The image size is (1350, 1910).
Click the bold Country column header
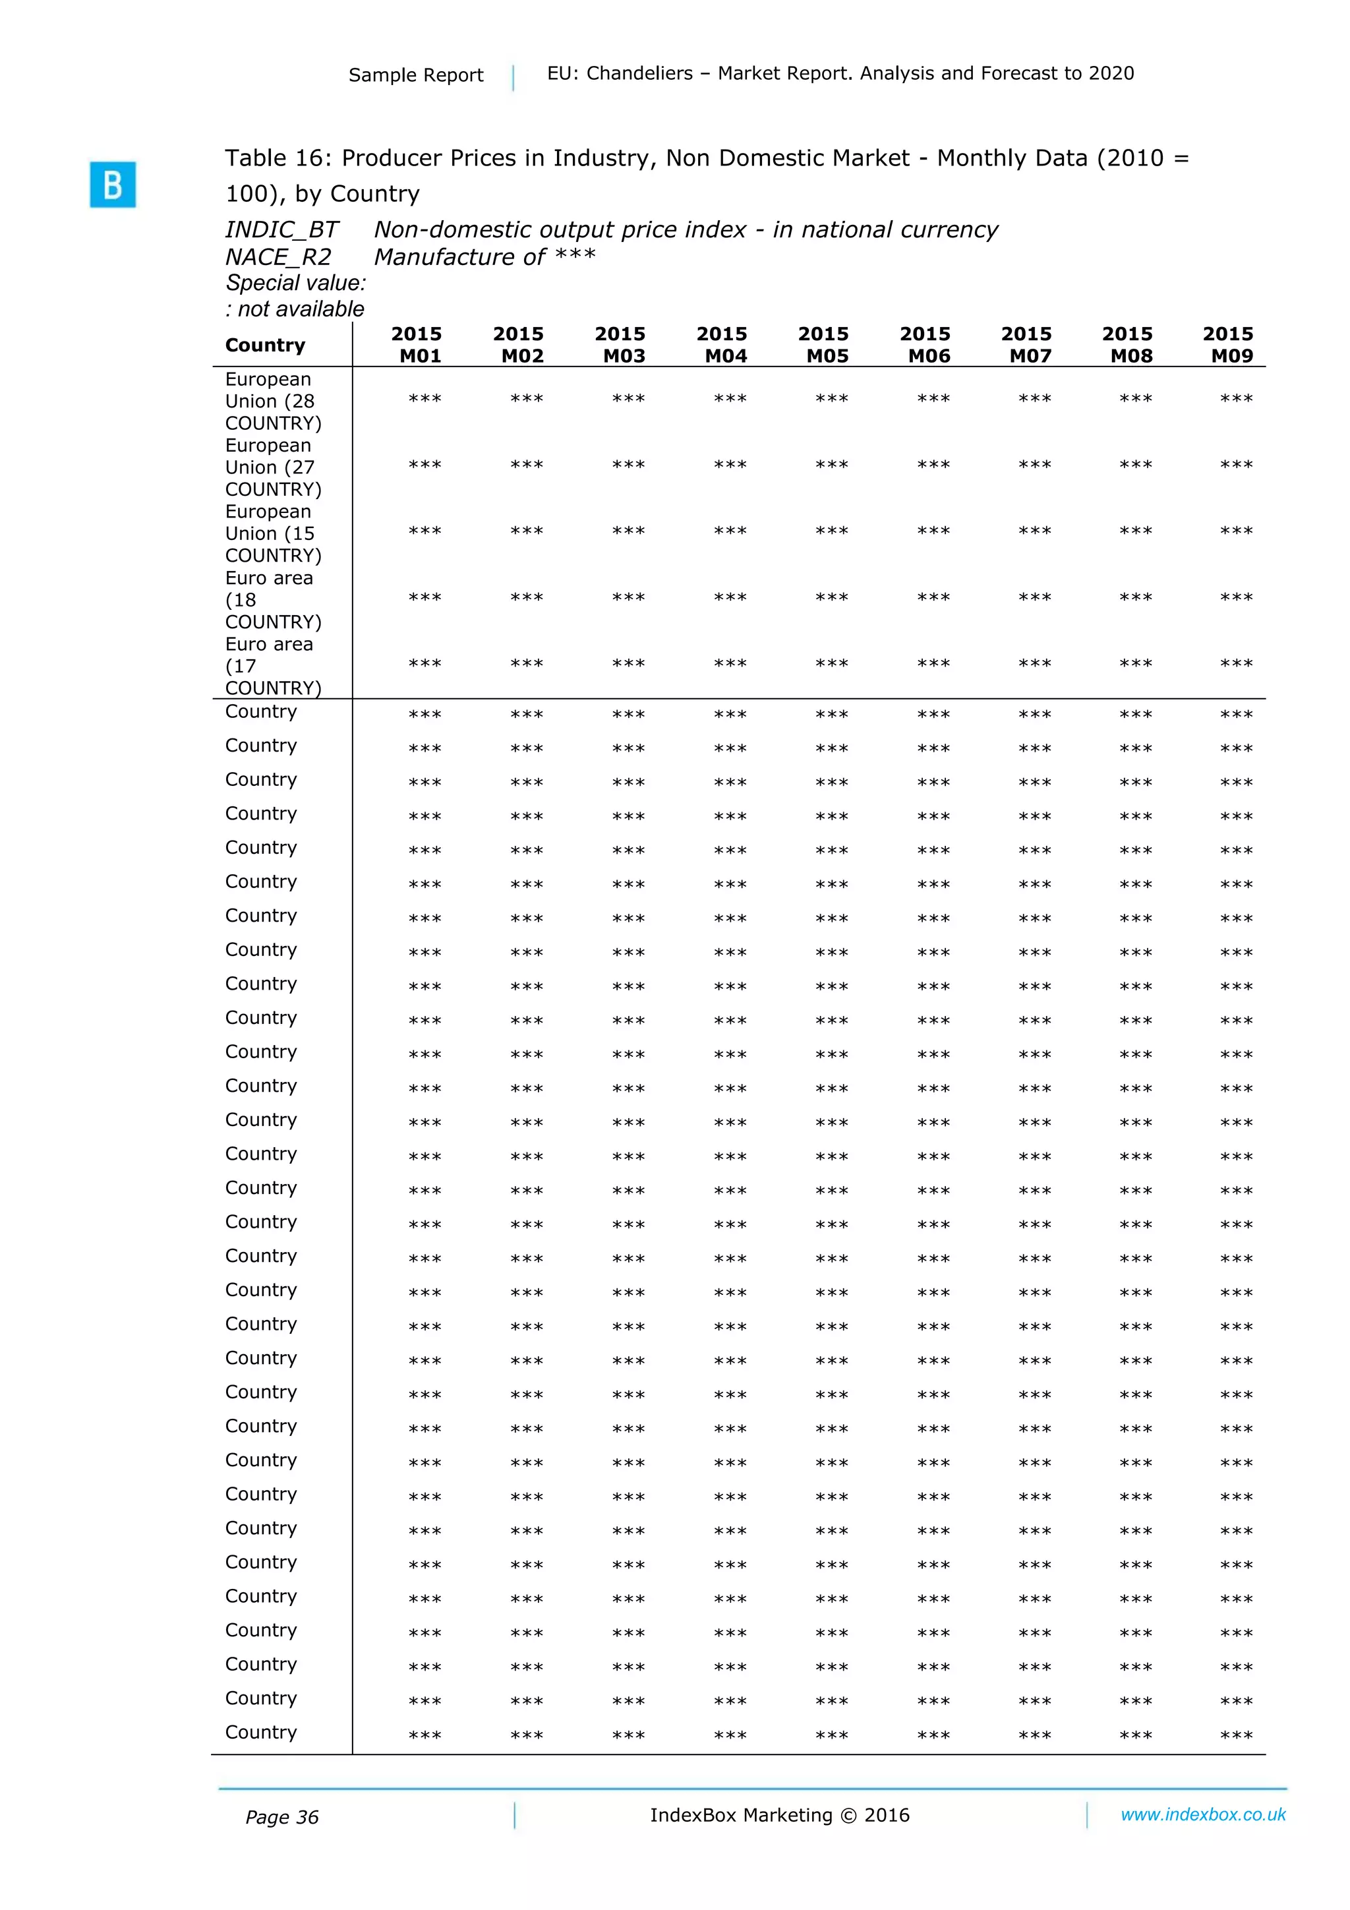click(266, 345)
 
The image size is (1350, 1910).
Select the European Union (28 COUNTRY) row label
click(273, 401)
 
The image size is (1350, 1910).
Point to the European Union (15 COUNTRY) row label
click(273, 533)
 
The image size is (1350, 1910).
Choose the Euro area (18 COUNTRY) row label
click(273, 600)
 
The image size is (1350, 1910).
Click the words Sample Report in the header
click(416, 75)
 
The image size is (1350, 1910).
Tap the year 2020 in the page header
click(1111, 73)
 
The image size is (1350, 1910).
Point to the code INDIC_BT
click(282, 229)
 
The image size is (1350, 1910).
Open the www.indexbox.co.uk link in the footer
click(1203, 1814)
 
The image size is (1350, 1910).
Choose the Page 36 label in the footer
click(282, 1818)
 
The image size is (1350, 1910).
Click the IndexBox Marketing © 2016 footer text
click(779, 1815)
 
